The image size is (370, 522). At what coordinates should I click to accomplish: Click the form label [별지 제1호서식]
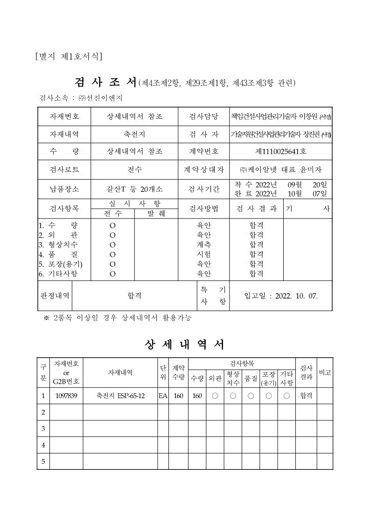click(69, 57)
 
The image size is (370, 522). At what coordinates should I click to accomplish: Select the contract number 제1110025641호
click(280, 151)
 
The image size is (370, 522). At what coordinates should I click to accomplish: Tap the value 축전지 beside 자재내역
click(134, 134)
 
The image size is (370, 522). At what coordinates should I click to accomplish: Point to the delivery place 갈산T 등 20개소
click(134, 189)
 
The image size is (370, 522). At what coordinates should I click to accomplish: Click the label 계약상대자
click(204, 170)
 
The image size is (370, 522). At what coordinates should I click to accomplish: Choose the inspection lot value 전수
click(134, 170)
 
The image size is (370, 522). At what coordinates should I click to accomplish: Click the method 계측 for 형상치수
click(204, 244)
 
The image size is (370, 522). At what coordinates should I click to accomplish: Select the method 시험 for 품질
click(204, 254)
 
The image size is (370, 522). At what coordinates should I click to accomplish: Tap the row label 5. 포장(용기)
click(57, 264)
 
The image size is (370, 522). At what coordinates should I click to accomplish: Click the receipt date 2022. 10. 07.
click(297, 296)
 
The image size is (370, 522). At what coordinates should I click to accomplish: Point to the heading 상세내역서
click(185, 345)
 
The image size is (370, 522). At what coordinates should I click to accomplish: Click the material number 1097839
click(66, 396)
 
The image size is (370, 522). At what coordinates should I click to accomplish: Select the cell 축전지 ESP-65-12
click(120, 396)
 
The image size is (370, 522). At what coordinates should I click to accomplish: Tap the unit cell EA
click(163, 396)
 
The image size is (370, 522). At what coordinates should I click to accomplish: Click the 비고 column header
click(325, 372)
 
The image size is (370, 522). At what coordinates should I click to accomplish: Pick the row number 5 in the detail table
click(43, 461)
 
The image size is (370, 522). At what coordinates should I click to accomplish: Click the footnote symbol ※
click(46, 318)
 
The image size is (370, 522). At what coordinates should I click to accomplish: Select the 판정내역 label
click(55, 296)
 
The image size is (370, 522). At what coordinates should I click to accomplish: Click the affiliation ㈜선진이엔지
click(100, 98)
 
